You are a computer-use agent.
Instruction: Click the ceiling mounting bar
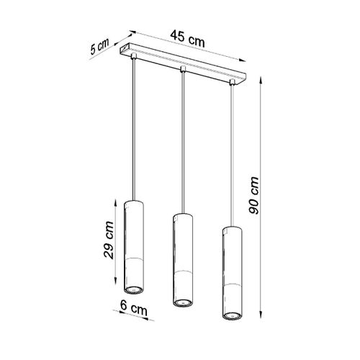(184, 64)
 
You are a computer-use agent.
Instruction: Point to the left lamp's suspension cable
(135, 130)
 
